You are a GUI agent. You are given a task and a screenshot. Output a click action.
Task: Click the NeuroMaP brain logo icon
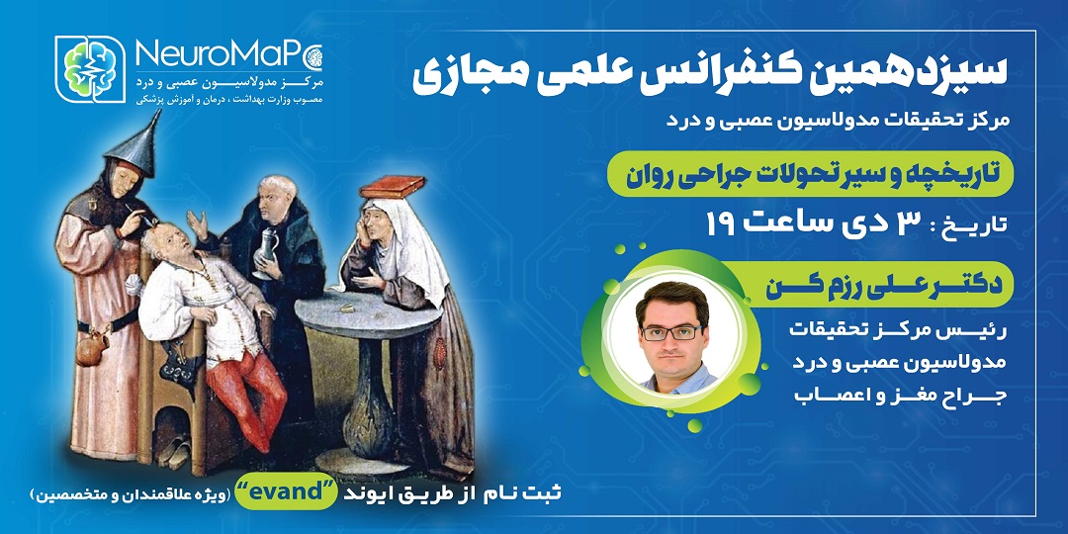90,69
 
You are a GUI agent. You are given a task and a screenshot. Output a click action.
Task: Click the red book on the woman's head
394,185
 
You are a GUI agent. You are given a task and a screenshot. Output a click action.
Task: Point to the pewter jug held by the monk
266,251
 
